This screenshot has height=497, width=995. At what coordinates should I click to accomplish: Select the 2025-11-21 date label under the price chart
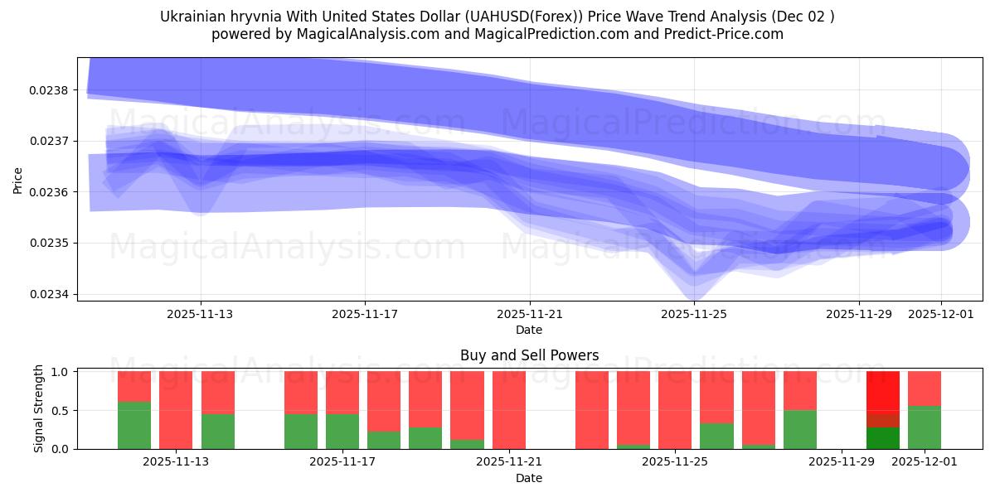(529, 314)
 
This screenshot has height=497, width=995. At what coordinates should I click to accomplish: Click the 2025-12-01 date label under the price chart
(940, 314)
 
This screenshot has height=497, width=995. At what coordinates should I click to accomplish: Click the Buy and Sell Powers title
(529, 355)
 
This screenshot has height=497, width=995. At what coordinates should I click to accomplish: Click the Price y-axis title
(18, 180)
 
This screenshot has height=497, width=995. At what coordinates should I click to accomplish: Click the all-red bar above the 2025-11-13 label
(176, 410)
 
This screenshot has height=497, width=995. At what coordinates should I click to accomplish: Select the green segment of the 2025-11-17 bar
(342, 431)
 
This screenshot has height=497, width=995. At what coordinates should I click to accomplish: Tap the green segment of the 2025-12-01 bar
(925, 427)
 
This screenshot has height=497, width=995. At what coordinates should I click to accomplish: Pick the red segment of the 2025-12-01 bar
(925, 388)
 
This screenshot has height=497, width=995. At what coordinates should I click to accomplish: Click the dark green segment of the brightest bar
(883, 438)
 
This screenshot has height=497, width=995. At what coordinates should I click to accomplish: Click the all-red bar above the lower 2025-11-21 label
(509, 410)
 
